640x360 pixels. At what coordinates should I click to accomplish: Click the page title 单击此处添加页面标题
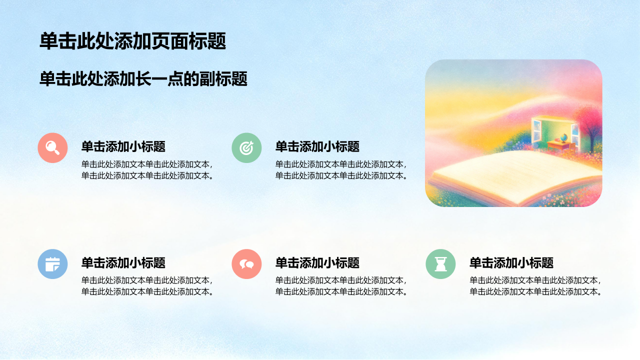coord(133,41)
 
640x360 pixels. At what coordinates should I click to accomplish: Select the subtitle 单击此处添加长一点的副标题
coord(143,79)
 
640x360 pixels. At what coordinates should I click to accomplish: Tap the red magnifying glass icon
coord(52,147)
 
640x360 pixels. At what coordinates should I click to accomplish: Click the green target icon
coord(246,147)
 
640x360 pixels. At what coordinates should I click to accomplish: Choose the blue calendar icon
coord(52,264)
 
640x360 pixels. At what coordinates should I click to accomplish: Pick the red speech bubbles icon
coord(246,264)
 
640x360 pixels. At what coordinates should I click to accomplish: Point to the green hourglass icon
coord(440,264)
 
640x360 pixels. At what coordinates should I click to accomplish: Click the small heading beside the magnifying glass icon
coord(123,146)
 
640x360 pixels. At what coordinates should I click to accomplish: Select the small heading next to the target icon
coord(317,146)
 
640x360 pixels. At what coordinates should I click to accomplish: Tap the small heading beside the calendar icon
coord(123,263)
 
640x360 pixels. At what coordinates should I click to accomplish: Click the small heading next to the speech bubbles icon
coord(317,263)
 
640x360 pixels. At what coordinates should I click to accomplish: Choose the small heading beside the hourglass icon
coord(511,263)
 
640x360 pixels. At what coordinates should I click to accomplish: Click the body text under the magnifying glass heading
coord(147,170)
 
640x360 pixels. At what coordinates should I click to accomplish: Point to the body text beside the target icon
coord(341,170)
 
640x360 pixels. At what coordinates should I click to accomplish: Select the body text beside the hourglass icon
coord(535,286)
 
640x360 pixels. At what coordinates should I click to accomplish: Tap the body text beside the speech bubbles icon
coord(341,286)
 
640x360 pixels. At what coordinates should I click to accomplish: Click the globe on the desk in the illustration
coord(563,138)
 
